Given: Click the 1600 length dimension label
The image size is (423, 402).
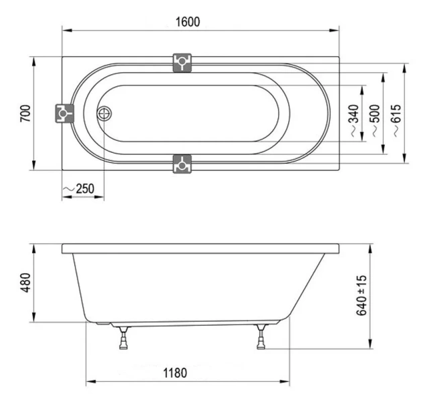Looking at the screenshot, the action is [x=188, y=22].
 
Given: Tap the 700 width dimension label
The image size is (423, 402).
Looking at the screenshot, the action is [x=25, y=113].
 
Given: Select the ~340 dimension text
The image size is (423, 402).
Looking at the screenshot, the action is [x=354, y=121].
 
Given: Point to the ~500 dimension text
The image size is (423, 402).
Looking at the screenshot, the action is [x=375, y=121].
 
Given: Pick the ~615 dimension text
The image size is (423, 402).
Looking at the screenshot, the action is [x=396, y=121].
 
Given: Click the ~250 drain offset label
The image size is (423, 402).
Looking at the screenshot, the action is [x=79, y=189].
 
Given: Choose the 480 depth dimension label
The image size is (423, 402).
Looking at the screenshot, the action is [x=26, y=283].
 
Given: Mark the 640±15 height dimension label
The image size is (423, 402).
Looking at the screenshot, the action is [x=361, y=295].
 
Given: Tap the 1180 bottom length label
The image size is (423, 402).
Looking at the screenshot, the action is [x=175, y=373].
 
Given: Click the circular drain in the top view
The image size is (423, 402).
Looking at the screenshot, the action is [x=104, y=113].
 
